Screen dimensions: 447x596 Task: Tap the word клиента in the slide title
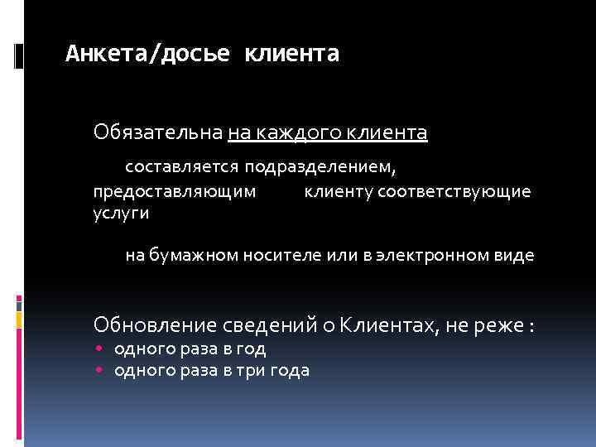(x=292, y=55)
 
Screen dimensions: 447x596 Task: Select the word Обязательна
(x=158, y=132)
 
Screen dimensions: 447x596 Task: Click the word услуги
(x=121, y=214)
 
